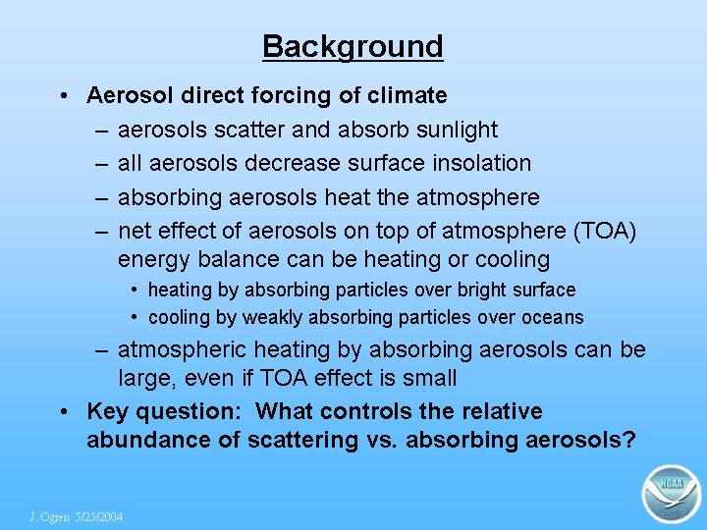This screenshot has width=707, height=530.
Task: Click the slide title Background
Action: click(353, 47)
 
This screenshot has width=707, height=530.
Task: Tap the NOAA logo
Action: click(672, 494)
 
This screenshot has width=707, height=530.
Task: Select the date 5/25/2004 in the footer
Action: click(99, 516)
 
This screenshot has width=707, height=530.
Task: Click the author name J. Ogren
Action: click(50, 517)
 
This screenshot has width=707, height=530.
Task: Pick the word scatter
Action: click(249, 130)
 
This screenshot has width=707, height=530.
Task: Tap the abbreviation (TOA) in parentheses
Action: click(605, 232)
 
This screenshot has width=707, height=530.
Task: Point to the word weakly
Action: click(272, 318)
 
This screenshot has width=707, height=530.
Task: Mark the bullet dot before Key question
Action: click(64, 412)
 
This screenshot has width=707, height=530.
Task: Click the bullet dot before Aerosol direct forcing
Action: click(64, 95)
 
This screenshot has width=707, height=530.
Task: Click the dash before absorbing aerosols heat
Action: click(102, 198)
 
